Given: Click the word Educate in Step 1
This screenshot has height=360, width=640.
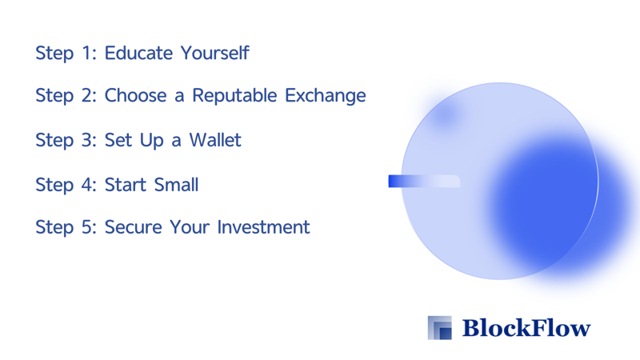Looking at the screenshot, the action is [x=138, y=53].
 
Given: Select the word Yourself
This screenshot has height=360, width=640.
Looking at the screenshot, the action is [x=214, y=53].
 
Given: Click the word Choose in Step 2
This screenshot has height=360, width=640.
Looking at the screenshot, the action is [x=135, y=95].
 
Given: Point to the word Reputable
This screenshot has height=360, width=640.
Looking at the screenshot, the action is [x=234, y=96].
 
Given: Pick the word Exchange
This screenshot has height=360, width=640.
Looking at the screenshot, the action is [x=326, y=96].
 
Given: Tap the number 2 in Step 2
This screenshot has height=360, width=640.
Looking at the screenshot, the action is [x=89, y=95].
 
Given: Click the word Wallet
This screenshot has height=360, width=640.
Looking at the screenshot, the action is [x=215, y=140].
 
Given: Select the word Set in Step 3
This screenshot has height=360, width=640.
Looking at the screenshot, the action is [x=118, y=140].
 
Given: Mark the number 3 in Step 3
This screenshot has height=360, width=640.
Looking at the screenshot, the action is [x=89, y=140].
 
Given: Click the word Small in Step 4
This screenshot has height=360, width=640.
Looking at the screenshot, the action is [x=176, y=185].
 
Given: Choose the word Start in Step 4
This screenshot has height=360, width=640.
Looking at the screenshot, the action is [x=126, y=185].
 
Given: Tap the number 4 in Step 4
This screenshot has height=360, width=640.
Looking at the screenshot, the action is [x=89, y=185].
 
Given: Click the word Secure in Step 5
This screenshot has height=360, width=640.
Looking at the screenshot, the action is [x=134, y=227].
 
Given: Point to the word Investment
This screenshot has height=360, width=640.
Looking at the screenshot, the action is [x=263, y=227].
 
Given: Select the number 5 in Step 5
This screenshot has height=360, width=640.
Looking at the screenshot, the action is [x=89, y=227].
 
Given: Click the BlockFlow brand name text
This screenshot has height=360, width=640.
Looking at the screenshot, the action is [x=526, y=328].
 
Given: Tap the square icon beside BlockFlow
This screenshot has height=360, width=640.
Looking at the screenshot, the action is [x=439, y=328].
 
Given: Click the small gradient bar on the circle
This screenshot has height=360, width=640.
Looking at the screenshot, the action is [x=424, y=182].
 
